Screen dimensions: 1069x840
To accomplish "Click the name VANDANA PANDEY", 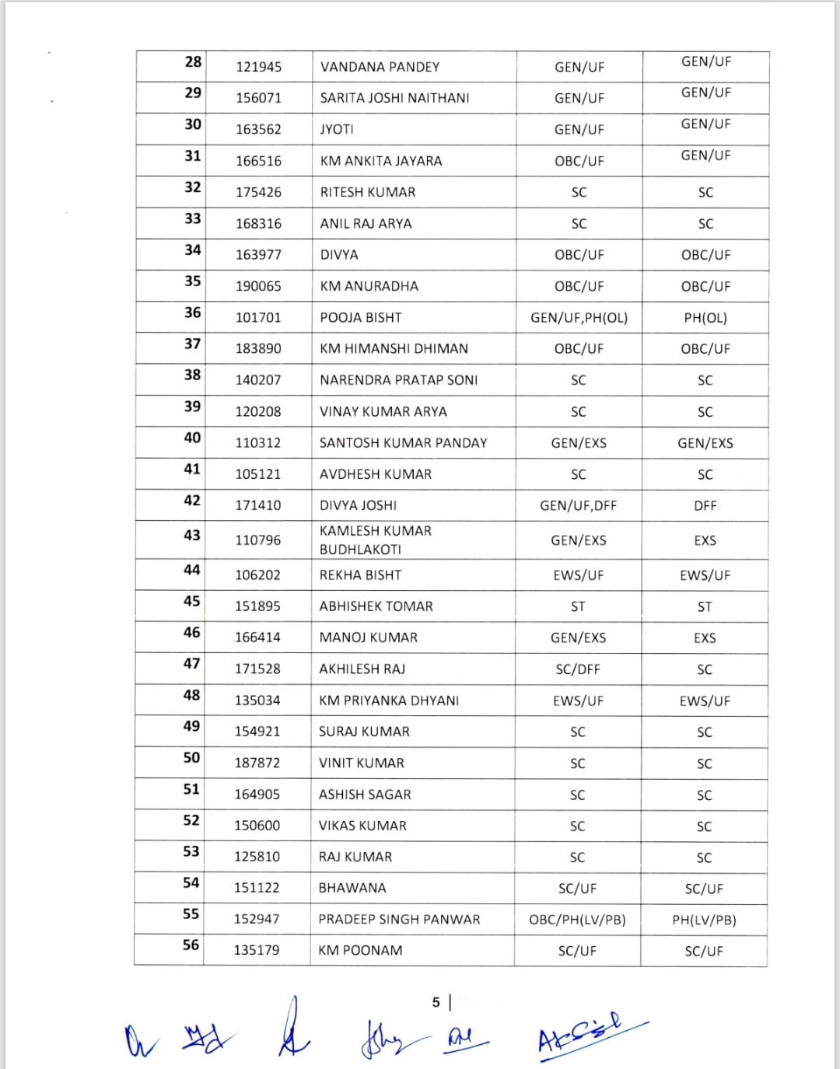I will point(380,67).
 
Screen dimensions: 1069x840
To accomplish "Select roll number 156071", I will point(258,98).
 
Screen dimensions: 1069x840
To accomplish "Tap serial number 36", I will point(193,313).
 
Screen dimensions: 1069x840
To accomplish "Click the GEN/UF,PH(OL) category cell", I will point(579,317).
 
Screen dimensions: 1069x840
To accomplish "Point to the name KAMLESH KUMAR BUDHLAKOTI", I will point(376,540).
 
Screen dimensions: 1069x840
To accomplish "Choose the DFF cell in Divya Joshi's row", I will point(705,505).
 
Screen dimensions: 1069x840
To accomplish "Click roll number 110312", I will point(258,442).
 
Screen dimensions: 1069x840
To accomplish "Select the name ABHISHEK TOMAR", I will point(376,606).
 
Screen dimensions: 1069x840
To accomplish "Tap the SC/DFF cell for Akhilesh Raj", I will point(578,669).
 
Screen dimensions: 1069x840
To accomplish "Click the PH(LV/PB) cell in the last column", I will point(704,920).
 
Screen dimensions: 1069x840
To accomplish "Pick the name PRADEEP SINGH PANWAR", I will point(399,919).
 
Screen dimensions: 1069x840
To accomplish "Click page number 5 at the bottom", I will point(436,1002).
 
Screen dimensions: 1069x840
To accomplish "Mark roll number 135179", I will point(257,950).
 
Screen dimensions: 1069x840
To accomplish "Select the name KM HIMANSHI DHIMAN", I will point(394,348).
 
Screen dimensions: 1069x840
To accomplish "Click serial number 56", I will point(191,945).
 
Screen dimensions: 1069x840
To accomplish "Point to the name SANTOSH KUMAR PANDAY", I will point(403,442).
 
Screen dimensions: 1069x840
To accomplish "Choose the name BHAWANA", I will point(352,888).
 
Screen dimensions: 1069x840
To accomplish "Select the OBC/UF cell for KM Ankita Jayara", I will point(579,161).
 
